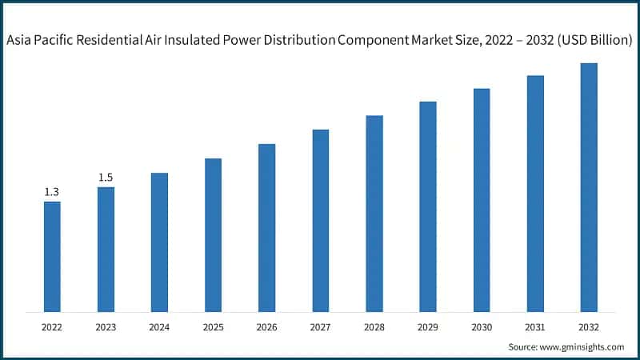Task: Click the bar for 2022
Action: coord(52,256)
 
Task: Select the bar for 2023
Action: coord(106,249)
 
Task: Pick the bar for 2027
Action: coord(320,220)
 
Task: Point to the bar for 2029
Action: coord(428,206)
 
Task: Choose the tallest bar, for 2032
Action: coord(589,187)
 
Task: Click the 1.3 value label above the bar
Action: coord(52,192)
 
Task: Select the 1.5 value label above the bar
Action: coord(106,178)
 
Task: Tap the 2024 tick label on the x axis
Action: coord(159,327)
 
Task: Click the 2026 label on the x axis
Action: coord(266,327)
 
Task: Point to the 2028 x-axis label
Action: coord(374,327)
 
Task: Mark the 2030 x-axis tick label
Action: coord(482,327)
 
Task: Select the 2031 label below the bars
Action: coord(535,327)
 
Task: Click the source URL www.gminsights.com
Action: coord(582,346)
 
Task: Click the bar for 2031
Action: coord(535,194)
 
